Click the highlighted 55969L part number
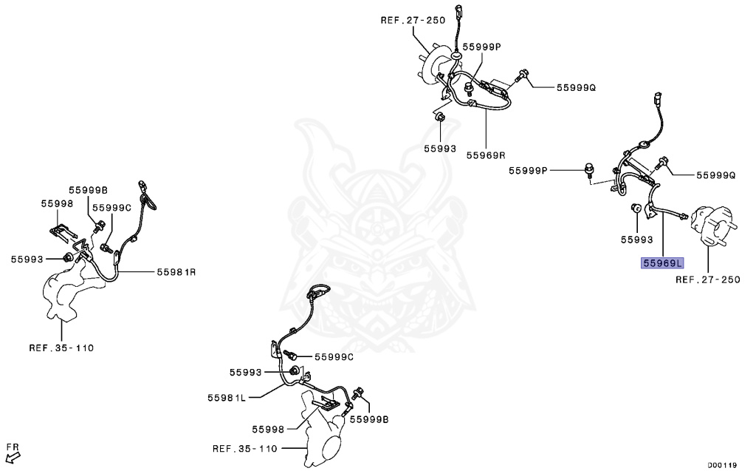click(663, 262)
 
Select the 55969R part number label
click(485, 155)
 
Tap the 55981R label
click(176, 272)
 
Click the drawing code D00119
click(722, 465)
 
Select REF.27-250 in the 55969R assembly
click(413, 21)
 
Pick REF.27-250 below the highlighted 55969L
click(707, 279)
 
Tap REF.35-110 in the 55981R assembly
click(61, 347)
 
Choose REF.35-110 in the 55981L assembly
click(244, 448)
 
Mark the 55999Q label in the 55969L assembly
click(716, 175)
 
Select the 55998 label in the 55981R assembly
click(57, 203)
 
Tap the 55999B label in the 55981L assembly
click(369, 419)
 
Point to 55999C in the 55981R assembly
click(111, 208)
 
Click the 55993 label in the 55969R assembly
click(440, 148)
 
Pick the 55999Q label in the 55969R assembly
click(576, 87)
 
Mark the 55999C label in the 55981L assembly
click(334, 357)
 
